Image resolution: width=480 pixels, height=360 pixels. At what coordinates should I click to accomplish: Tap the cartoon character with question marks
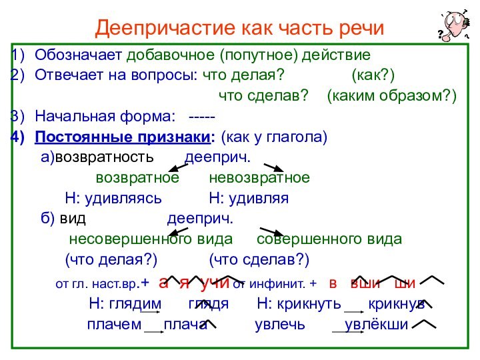coord(453,27)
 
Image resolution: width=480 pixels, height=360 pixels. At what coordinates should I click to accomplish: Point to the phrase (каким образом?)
coord(392,96)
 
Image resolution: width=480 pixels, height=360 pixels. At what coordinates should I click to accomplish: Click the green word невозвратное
coord(259,179)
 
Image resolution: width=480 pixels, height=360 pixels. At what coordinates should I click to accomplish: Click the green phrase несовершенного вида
coord(151,239)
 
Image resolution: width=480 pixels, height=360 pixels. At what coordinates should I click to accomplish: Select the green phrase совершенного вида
coord(329,239)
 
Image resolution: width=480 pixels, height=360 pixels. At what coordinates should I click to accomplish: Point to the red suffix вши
coord(365,283)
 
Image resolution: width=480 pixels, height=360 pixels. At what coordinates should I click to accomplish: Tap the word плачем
coord(114,325)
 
